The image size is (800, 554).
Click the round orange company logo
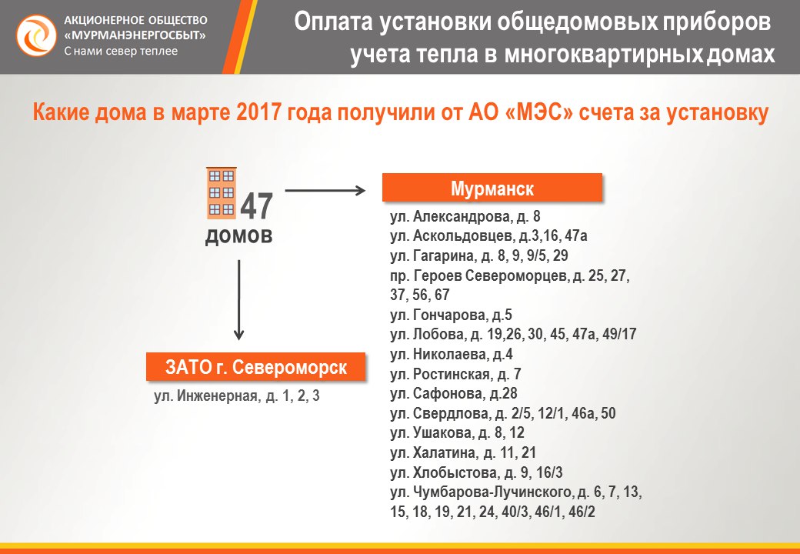coord(36,35)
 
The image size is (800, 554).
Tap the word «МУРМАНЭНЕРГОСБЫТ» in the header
coord(135,35)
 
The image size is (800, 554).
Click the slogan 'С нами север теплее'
coord(121,51)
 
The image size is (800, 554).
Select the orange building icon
coord(222,193)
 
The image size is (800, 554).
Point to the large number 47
coord(257,207)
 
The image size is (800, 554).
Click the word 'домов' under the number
coord(238,236)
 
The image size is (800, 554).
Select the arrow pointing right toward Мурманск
coord(325,191)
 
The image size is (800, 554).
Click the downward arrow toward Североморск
coord(238,300)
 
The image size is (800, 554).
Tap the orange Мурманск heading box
coord(492,189)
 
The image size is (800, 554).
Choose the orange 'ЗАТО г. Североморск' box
coord(256,367)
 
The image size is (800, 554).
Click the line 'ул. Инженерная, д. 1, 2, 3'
coord(237,395)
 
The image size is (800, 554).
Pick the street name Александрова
coord(462,217)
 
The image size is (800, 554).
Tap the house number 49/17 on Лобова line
coord(619,334)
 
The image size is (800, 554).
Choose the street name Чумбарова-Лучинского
coord(492,492)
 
